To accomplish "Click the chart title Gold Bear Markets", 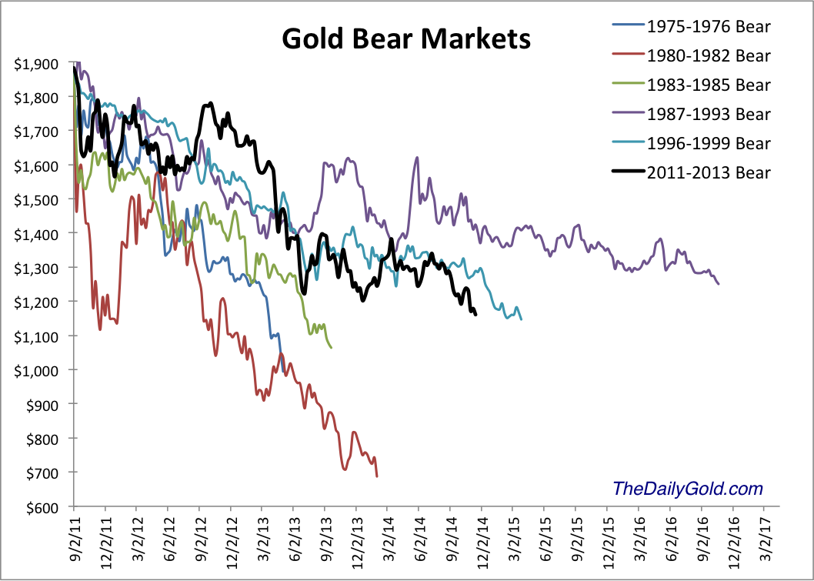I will click(405, 38).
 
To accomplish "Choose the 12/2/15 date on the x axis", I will click(606, 543).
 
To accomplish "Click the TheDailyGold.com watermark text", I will click(687, 488).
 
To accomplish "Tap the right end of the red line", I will click(377, 476).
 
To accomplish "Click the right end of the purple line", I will click(719, 284).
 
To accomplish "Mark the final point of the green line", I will click(331, 348).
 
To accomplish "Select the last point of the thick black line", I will click(475, 314).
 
